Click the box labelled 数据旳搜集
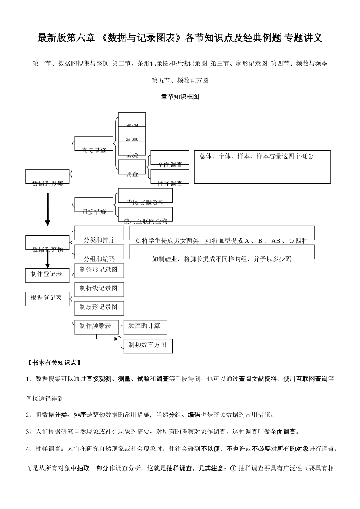coord(47,177)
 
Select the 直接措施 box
coord(94,144)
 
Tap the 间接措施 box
coord(94,205)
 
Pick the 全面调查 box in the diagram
coord(170,158)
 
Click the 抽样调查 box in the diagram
coord(170,176)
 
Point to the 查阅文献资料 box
coord(146,195)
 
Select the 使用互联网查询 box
coord(146,214)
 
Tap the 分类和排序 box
coord(99,233)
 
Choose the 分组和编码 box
coord(99,252)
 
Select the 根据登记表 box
coord(47,298)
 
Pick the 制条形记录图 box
coord(99,270)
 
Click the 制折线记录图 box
coord(99,289)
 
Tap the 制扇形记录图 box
coord(99,308)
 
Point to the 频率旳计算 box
coord(145,327)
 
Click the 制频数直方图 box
coord(148,345)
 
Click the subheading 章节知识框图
coord(180,97)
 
